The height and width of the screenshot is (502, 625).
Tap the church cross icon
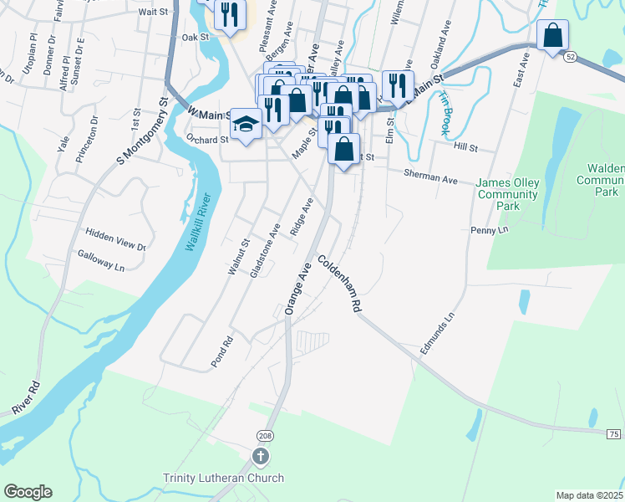tap(261, 457)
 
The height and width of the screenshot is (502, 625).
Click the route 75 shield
tap(614, 433)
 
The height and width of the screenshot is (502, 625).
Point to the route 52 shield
tap(569, 56)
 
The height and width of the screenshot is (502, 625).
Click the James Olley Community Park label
tap(508, 194)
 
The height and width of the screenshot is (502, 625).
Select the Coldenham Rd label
tap(338, 285)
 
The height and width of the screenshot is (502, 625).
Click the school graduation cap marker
tap(246, 124)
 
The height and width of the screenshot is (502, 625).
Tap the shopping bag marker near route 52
tap(552, 36)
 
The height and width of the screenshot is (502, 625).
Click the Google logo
tap(28, 492)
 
